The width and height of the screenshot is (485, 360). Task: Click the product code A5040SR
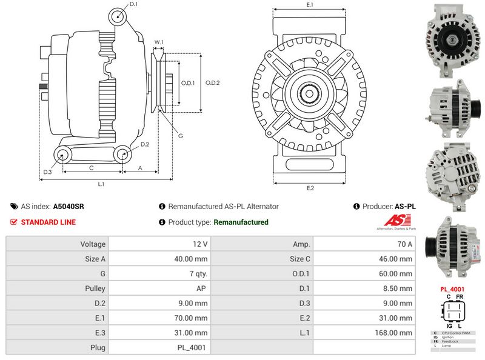pos(69,207)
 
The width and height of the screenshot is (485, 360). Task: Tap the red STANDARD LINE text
pos(48,222)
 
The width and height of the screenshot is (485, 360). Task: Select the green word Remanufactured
pos(241,222)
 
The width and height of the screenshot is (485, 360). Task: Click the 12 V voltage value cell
pos(200,244)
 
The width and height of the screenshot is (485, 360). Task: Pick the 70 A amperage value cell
pos(405,244)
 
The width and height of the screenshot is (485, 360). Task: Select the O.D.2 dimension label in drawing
pos(212,83)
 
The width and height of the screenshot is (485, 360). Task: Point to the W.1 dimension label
pos(159,42)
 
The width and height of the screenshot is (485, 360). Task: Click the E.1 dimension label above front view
pos(310,5)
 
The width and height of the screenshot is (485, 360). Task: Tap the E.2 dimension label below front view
pos(310,188)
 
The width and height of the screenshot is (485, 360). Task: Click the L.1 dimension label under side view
pos(101,184)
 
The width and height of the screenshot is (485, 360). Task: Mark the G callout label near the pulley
pos(181,136)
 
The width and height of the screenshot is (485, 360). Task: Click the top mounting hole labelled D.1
pos(117,17)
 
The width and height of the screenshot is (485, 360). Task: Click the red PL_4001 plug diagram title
pos(453,289)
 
